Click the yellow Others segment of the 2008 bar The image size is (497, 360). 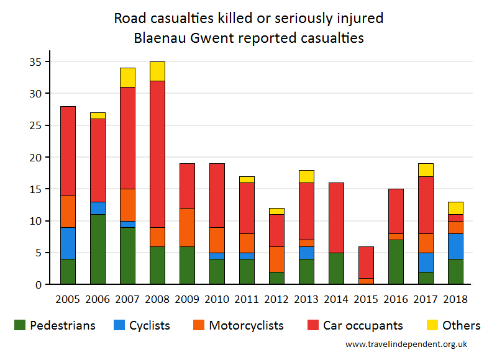click(x=157, y=71)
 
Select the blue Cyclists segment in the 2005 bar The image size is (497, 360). click(x=68, y=243)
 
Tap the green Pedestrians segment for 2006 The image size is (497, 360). click(x=98, y=250)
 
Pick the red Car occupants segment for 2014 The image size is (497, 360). click(x=335, y=218)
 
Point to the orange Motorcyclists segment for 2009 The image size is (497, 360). click(x=187, y=227)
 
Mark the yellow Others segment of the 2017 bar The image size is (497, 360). click(x=425, y=170)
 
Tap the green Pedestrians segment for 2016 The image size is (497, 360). click(x=395, y=262)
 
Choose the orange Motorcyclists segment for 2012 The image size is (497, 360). click(x=276, y=259)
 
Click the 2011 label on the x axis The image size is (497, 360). click(x=247, y=299)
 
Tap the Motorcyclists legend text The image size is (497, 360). click(x=246, y=325)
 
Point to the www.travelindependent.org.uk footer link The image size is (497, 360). click(x=406, y=344)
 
